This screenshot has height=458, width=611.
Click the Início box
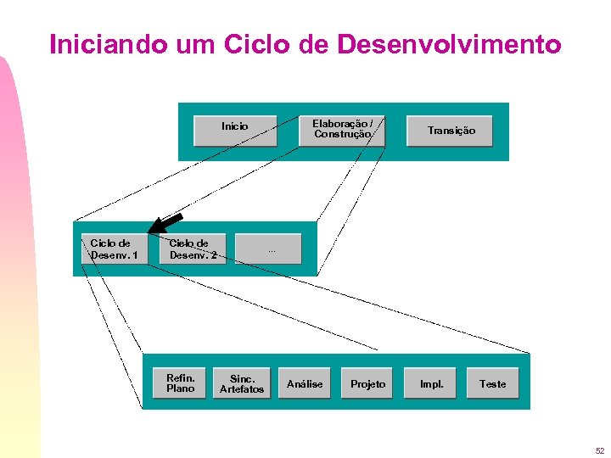pyautogui.click(x=235, y=129)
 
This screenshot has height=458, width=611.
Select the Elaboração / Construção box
pyautogui.click(x=342, y=129)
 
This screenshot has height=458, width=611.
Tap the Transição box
pyautogui.click(x=451, y=130)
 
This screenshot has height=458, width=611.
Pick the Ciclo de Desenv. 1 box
pyautogui.click(x=114, y=249)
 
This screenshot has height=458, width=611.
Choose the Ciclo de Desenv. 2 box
pyautogui.click(x=193, y=249)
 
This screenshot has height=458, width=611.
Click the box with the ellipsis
pyautogui.click(x=268, y=249)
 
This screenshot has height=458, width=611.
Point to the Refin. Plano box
pyautogui.click(x=180, y=383)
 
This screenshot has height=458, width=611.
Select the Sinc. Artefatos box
pyautogui.click(x=242, y=383)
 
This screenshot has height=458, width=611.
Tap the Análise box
pyautogui.click(x=305, y=383)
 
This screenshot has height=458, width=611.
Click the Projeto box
pyautogui.click(x=368, y=383)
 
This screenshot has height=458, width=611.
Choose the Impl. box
pyautogui.click(x=431, y=383)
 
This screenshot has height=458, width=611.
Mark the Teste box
pyautogui.click(x=493, y=383)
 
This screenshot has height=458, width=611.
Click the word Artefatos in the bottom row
pyautogui.click(x=242, y=389)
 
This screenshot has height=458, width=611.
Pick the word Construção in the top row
pyautogui.click(x=342, y=134)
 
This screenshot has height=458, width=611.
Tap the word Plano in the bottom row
pyautogui.click(x=180, y=388)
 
